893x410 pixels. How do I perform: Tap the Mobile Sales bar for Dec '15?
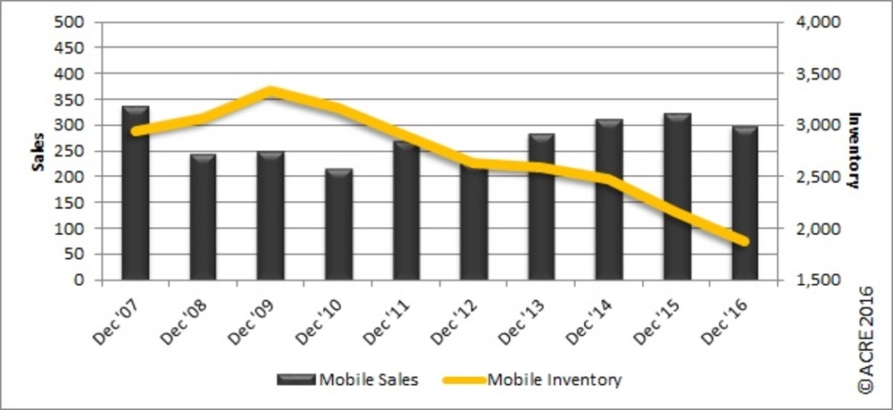point(678,197)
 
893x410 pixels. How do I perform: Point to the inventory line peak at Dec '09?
point(271,91)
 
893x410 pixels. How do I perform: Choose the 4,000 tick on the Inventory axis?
point(811,21)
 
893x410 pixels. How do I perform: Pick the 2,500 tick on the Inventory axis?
point(811,177)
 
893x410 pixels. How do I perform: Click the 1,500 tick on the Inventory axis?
point(811,280)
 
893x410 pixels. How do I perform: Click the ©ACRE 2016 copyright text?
point(864,339)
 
